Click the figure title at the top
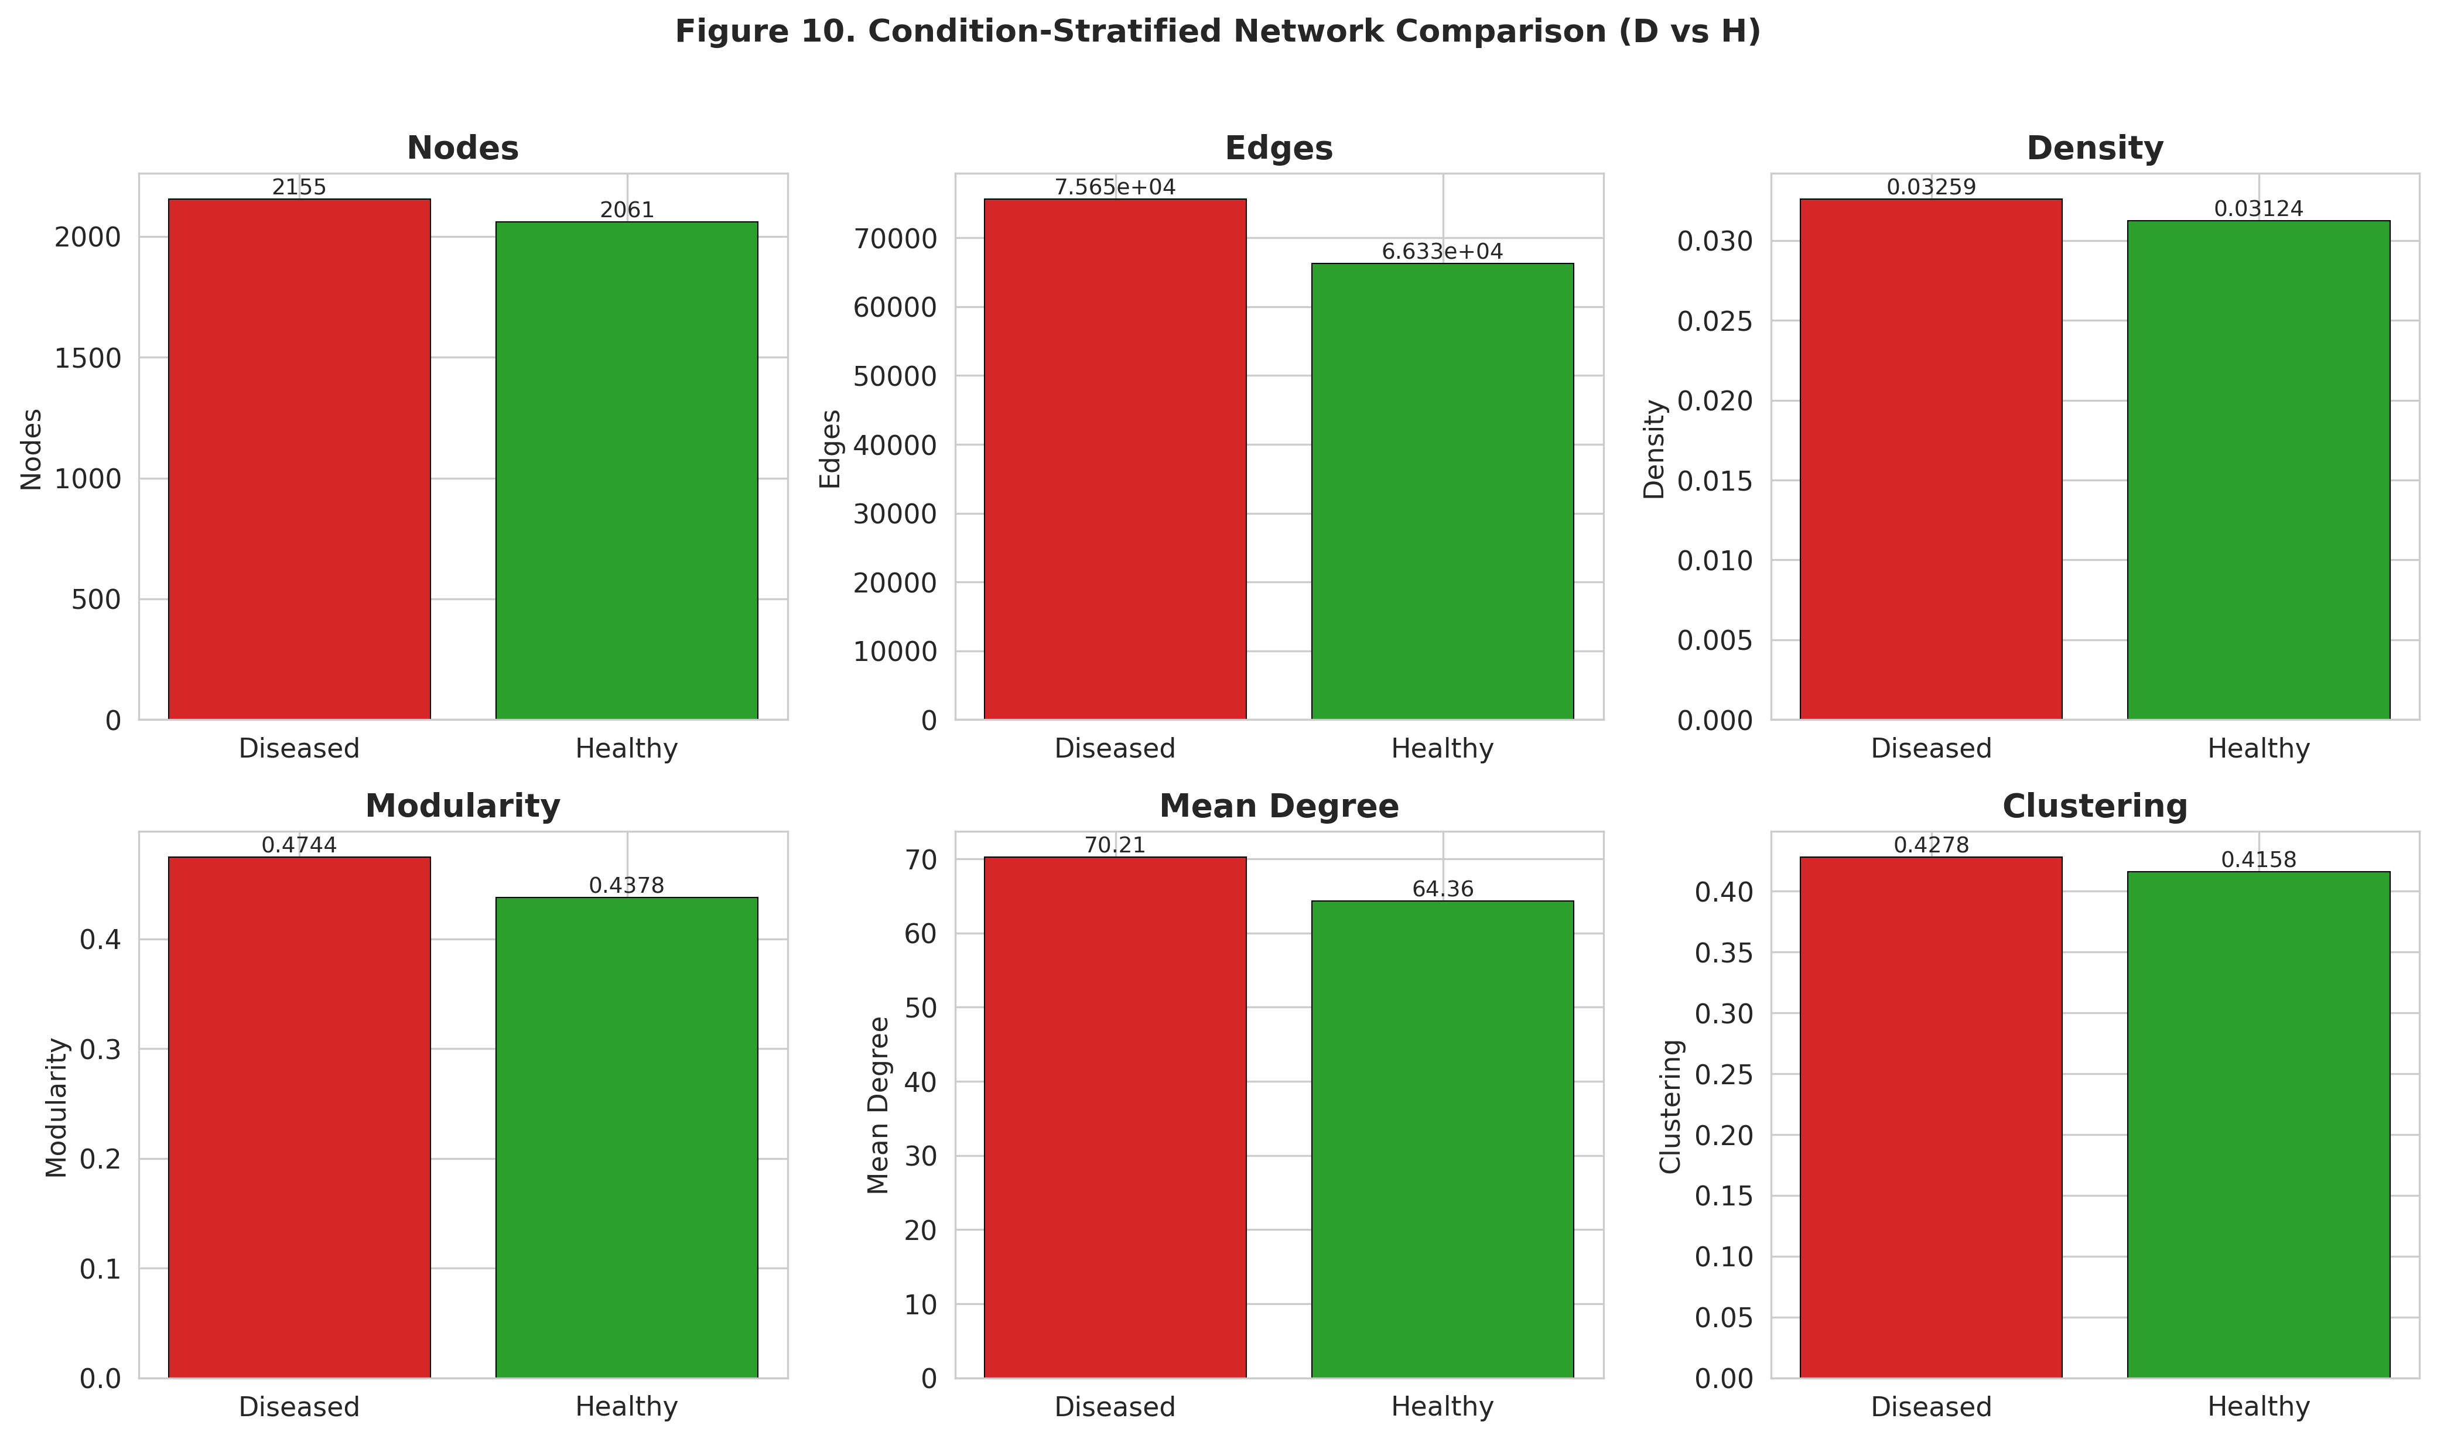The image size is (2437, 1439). point(1217,32)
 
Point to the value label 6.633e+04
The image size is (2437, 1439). point(1442,252)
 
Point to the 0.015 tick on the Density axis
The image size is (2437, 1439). point(1714,481)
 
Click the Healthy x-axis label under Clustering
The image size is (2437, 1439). point(2258,1406)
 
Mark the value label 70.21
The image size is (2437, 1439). point(1115,845)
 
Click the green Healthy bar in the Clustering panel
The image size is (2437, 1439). point(2258,1125)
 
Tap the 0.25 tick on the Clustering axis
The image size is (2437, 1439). point(1723,1074)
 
